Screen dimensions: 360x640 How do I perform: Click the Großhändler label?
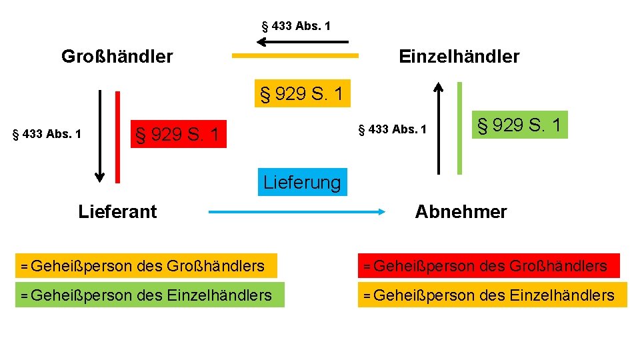117,57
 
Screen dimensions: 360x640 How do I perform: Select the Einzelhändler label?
459,57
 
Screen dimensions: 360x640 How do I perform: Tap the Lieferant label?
117,212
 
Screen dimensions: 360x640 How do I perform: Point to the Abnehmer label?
461,212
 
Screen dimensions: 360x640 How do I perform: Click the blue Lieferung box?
302,182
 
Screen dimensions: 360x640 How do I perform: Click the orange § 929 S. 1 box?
302,94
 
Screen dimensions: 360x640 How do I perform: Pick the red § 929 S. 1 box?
177,135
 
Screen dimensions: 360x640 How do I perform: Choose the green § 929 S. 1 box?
519,125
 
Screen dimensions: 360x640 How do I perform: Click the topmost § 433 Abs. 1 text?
296,27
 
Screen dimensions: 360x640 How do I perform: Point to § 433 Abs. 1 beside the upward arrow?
392,129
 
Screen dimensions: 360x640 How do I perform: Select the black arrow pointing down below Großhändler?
100,136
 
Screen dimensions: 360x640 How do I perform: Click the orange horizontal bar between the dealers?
295,56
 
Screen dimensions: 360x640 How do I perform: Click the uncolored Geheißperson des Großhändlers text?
142,266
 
